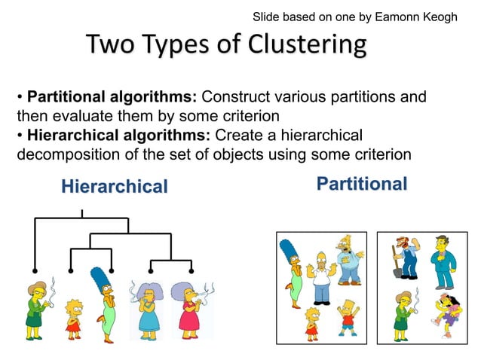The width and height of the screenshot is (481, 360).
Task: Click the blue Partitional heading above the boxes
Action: pos(362,184)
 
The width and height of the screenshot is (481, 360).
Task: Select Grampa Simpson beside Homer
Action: pos(350,259)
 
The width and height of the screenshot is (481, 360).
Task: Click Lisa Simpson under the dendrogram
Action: pos(72,317)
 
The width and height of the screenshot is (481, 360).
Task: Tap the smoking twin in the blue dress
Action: pos(147,310)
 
